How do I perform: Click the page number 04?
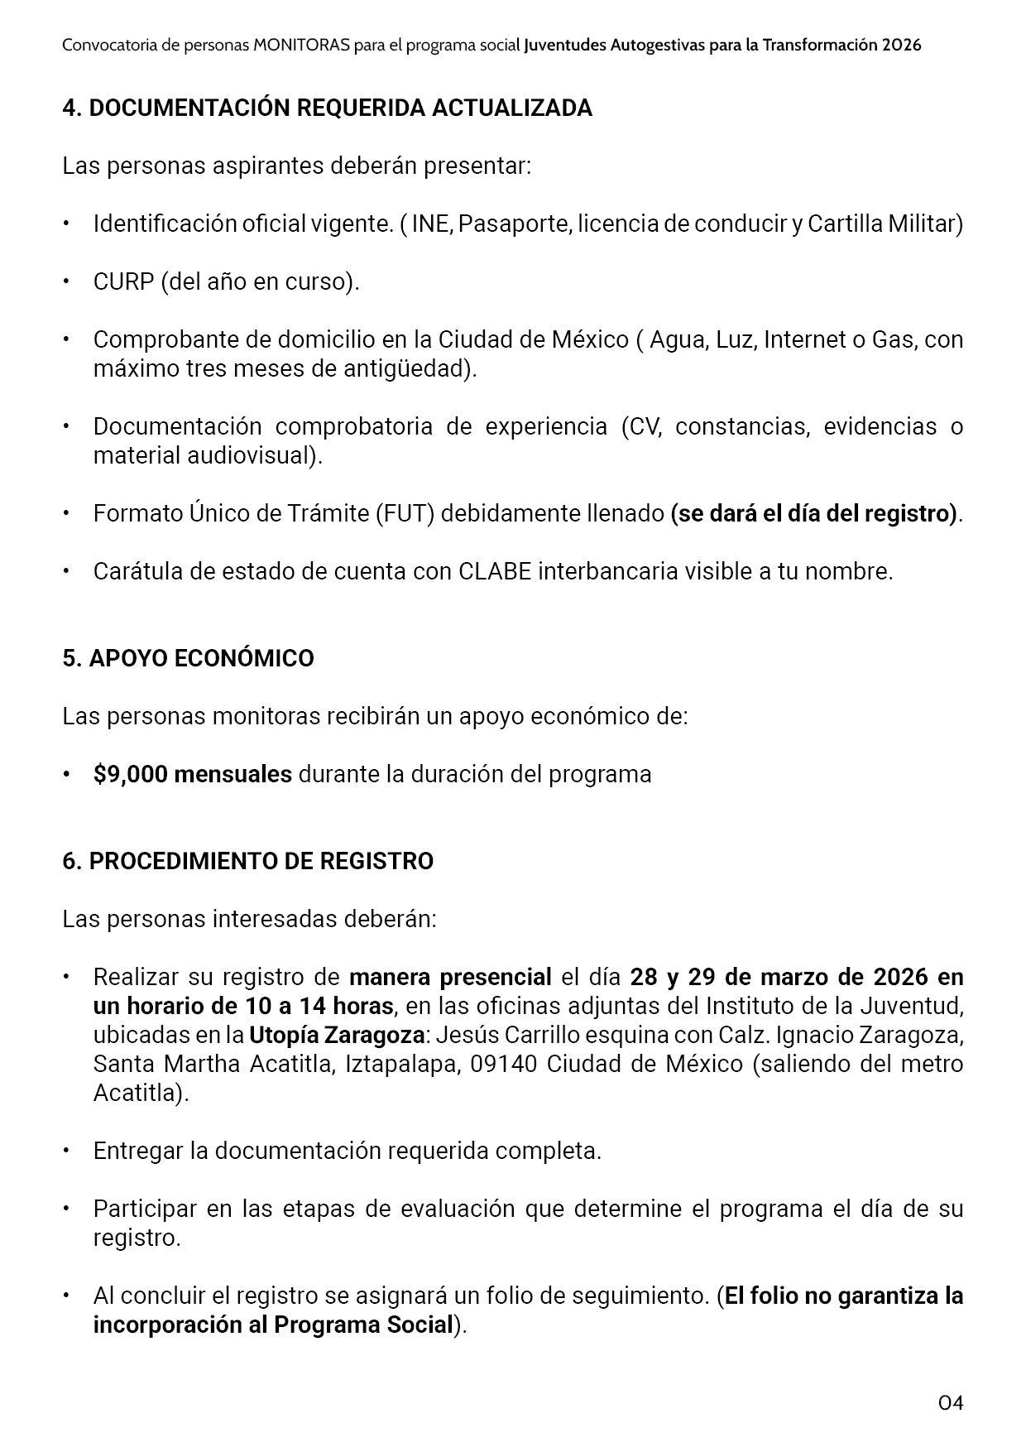pyautogui.click(x=951, y=1402)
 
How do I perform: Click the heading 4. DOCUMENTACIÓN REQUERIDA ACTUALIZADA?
pyautogui.click(x=327, y=108)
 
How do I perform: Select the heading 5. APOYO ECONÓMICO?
pyautogui.click(x=188, y=658)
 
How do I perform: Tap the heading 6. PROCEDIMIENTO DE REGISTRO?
pyautogui.click(x=247, y=861)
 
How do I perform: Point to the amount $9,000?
pyautogui.click(x=131, y=774)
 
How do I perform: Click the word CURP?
pyautogui.click(x=123, y=281)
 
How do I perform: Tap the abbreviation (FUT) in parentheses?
pyautogui.click(x=405, y=513)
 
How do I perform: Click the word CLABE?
pyautogui.click(x=494, y=571)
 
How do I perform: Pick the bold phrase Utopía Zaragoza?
pyautogui.click(x=336, y=1035)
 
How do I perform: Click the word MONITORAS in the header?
pyautogui.click(x=301, y=46)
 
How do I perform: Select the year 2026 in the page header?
pyautogui.click(x=901, y=46)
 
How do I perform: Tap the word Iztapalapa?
pyautogui.click(x=400, y=1064)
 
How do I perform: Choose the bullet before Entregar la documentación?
pyautogui.click(x=66, y=1151)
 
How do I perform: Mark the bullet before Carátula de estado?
pyautogui.click(x=66, y=571)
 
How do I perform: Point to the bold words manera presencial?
pyautogui.click(x=450, y=977)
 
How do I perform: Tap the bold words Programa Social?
pyautogui.click(x=364, y=1325)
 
